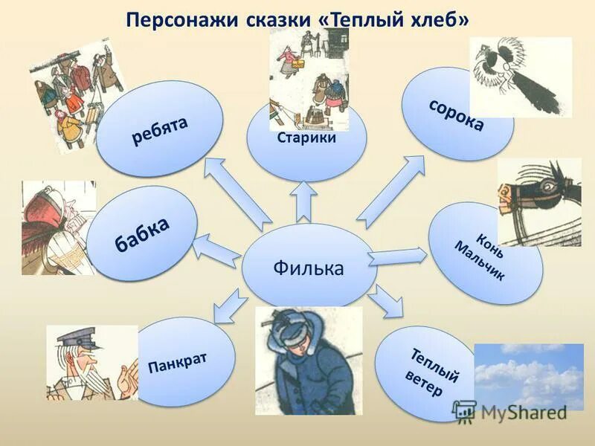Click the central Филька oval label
click(x=308, y=267)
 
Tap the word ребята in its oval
click(x=161, y=129)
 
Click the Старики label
click(x=306, y=138)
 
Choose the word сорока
click(x=456, y=114)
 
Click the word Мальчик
click(x=480, y=261)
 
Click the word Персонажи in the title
click(x=180, y=20)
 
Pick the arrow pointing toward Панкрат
click(x=231, y=306)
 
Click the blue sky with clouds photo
click(x=528, y=375)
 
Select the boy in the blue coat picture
click(x=308, y=361)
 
